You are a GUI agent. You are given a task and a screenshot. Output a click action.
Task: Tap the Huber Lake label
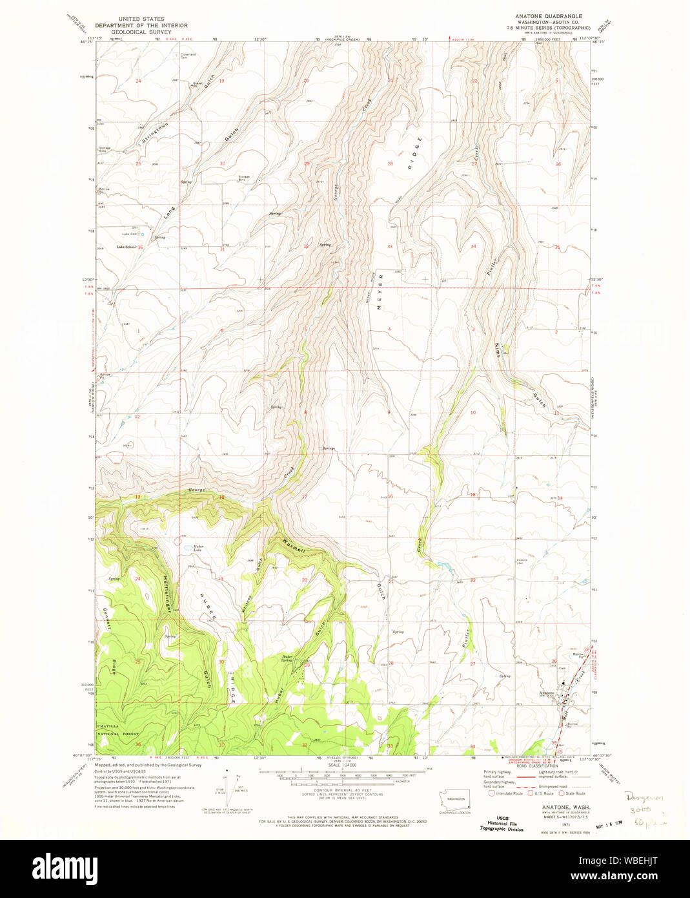point(198,548)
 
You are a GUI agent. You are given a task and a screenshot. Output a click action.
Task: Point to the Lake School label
point(126,247)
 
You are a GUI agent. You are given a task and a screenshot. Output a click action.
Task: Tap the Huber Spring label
point(287,659)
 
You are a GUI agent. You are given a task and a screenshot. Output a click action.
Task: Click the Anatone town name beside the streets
point(546,693)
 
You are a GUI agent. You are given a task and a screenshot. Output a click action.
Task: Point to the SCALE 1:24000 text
point(345,764)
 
